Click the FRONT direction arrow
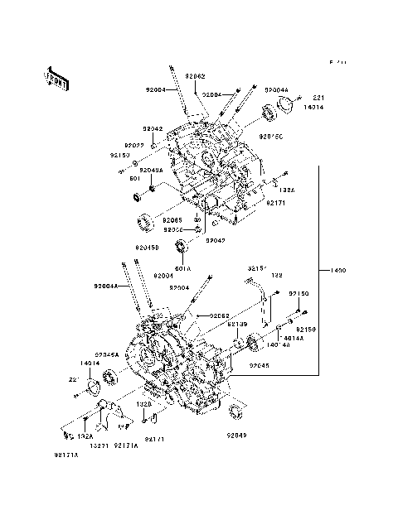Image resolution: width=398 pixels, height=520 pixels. [x=53, y=77]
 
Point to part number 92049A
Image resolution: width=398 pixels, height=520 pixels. [x=151, y=170]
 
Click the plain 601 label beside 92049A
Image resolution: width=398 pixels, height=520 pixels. [x=133, y=177]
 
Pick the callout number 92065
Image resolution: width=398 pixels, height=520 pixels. [x=172, y=219]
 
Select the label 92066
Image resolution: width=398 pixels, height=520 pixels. [x=172, y=229]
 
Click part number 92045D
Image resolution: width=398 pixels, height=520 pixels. [x=148, y=248]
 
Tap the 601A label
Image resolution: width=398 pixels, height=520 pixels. [x=182, y=268]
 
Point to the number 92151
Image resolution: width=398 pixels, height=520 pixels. [x=257, y=268]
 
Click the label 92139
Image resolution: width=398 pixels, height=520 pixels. [x=238, y=325]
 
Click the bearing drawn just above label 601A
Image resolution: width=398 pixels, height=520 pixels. [x=180, y=247]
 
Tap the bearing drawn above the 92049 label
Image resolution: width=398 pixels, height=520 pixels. [x=235, y=412]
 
